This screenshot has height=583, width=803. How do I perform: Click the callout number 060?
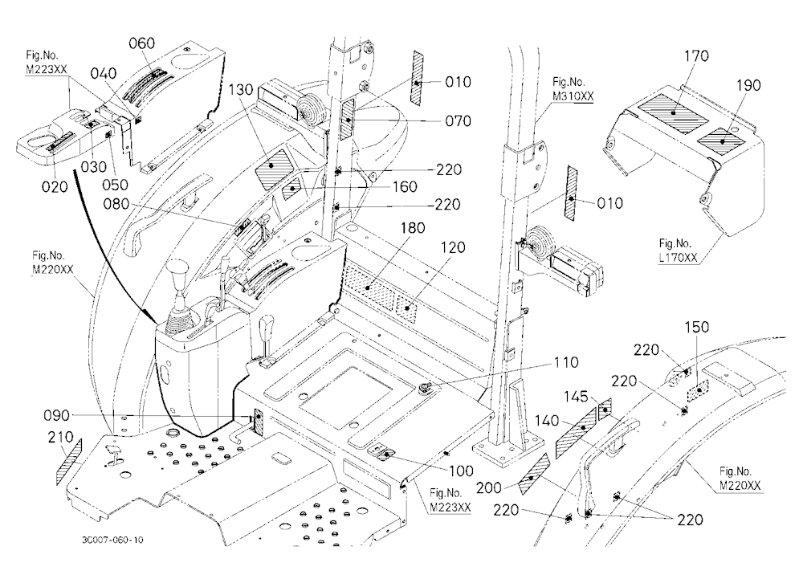[x=141, y=43]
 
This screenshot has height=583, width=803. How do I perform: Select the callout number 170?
[x=696, y=56]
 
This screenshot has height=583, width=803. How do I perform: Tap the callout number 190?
[x=748, y=85]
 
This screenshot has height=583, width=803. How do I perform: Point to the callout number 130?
[x=241, y=90]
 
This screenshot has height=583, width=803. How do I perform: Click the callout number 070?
[x=458, y=121]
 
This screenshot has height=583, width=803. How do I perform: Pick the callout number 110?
[x=566, y=362]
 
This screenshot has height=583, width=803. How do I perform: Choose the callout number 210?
[x=61, y=437]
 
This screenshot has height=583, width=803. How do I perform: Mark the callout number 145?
[x=576, y=397]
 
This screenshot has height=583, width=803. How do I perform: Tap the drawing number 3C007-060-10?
[x=112, y=540]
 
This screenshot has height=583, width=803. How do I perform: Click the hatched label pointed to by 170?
[x=674, y=114]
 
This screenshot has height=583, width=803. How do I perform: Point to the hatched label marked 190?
[x=723, y=141]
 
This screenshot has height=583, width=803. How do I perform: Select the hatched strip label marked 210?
[x=69, y=461]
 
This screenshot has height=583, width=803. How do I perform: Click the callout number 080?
[x=116, y=205]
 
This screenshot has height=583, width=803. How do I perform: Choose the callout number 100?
[x=461, y=471]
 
